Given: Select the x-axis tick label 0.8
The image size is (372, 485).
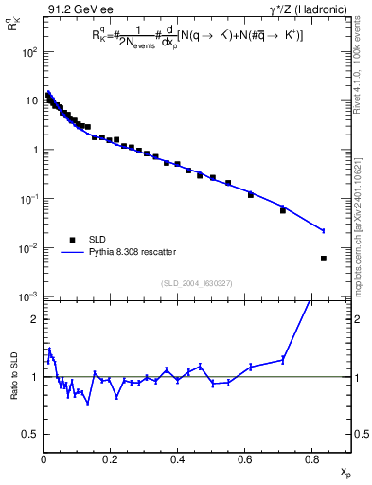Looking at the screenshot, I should tap(311, 458).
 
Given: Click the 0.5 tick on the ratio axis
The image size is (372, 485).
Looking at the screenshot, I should tap(32, 434).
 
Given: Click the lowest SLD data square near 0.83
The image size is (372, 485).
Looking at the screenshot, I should tap(324, 258).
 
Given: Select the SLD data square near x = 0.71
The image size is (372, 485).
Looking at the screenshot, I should tap(283, 210).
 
